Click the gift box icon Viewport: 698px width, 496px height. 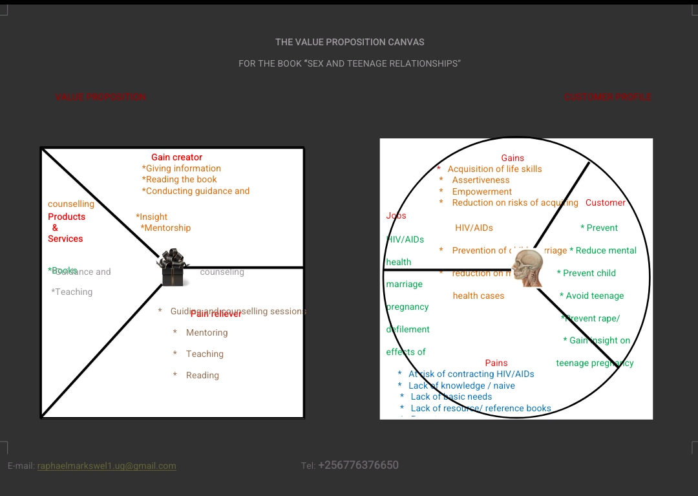173,267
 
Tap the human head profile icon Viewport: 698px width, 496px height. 529,269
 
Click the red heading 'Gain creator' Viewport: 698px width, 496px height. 176,157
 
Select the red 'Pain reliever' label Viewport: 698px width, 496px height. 216,314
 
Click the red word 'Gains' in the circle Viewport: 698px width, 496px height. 513,158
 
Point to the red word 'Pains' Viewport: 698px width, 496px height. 496,363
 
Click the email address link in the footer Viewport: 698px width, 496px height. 107,466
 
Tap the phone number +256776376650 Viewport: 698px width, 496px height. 358,465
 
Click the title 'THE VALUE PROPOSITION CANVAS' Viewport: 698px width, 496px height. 350,42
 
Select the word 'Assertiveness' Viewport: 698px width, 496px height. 481,180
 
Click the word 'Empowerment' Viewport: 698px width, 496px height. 482,191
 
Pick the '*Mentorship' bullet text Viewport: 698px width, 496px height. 165,228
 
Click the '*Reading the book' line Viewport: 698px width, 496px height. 180,179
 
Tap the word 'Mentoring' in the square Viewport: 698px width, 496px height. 207,332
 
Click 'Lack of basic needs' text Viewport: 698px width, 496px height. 451,396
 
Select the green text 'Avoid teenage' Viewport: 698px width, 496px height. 595,296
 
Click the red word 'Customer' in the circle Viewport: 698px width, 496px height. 606,202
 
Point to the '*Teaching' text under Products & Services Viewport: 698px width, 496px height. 72,292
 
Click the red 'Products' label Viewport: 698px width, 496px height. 67,217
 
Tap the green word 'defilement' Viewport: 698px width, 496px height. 408,329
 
